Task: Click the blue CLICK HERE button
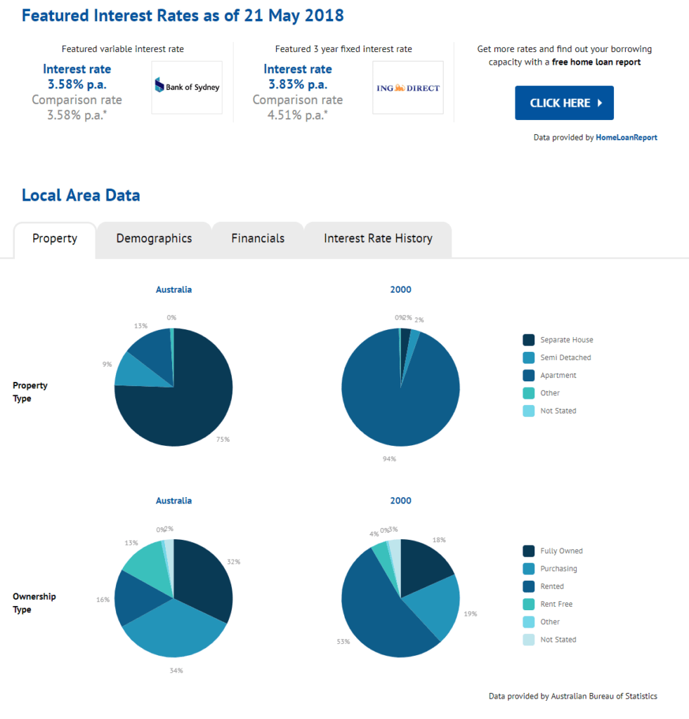pos(564,103)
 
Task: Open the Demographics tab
pos(154,239)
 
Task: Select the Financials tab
pos(258,239)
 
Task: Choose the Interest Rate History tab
pos(378,239)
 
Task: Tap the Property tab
pos(55,239)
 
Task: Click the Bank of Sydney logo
pos(187,88)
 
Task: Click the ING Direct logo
pos(408,88)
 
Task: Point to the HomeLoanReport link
pos(626,138)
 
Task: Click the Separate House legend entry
pos(566,340)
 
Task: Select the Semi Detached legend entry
pos(565,357)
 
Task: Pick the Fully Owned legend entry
pos(561,551)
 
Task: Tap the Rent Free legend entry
pos(556,604)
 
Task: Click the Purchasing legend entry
pos(558,569)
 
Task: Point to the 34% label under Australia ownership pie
pos(176,671)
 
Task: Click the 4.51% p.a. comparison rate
pos(298,114)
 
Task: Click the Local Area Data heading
pos(81,195)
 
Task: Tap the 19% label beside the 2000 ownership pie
pos(471,614)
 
